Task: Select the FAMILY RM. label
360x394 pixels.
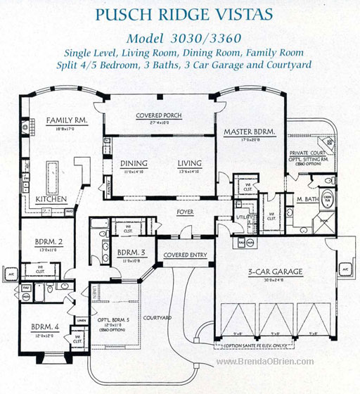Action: point(67,120)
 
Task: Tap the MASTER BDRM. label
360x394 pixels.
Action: point(249,132)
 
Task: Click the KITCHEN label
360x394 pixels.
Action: point(51,199)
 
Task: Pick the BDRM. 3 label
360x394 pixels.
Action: point(131,251)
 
